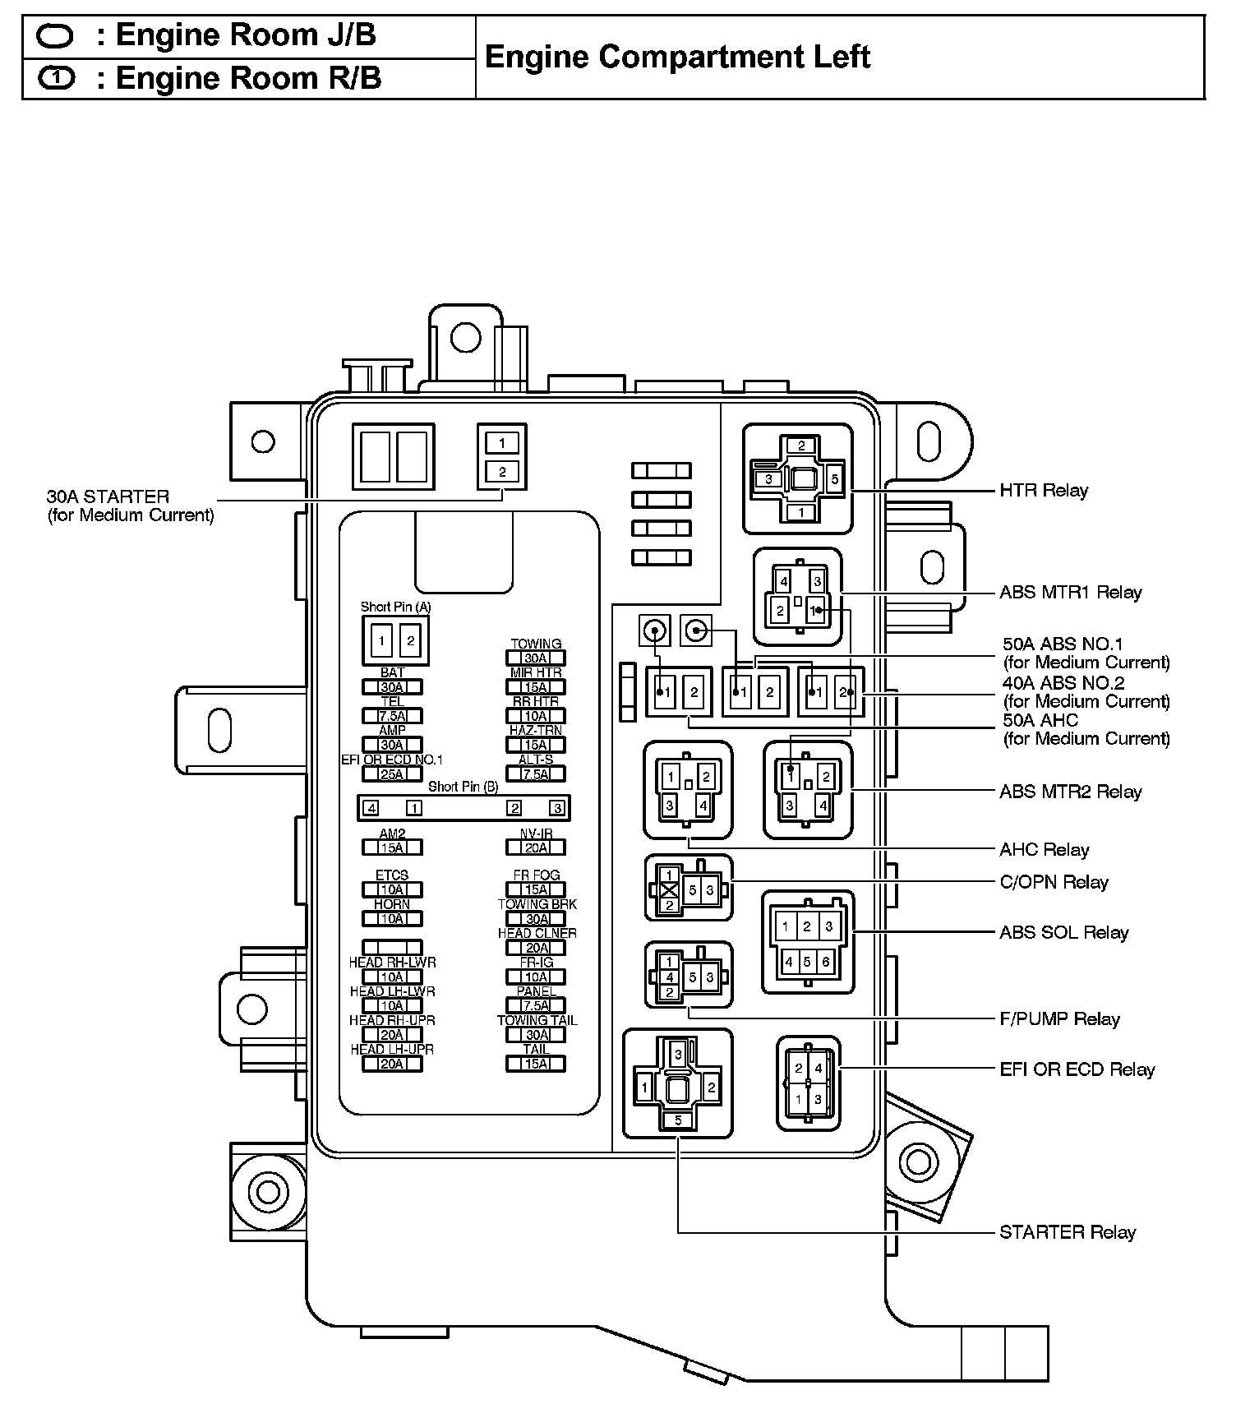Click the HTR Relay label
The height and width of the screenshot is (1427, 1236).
click(1043, 491)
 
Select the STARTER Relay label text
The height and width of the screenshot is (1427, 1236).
click(1067, 1232)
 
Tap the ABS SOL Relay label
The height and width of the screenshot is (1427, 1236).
click(1063, 932)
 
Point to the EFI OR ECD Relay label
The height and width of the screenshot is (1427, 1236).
click(1077, 1069)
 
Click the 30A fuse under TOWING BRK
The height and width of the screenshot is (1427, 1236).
click(536, 919)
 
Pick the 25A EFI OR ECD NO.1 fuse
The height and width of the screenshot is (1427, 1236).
click(392, 774)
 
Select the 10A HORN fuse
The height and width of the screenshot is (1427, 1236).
click(392, 919)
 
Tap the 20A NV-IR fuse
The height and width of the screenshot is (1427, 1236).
click(536, 847)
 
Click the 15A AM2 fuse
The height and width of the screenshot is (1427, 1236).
click(392, 847)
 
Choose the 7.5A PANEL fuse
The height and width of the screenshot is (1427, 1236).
click(536, 1005)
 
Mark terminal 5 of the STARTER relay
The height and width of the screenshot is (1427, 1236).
click(678, 1120)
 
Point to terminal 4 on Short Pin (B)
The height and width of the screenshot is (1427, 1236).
click(371, 808)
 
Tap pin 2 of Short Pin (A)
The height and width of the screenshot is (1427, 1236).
click(411, 640)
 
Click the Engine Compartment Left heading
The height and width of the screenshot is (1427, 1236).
click(677, 57)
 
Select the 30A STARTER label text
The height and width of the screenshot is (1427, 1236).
click(108, 496)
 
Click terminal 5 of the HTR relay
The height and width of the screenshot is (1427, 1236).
click(834, 479)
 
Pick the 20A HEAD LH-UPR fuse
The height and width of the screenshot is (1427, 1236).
click(392, 1064)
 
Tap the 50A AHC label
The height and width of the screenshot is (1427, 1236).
click(1040, 721)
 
